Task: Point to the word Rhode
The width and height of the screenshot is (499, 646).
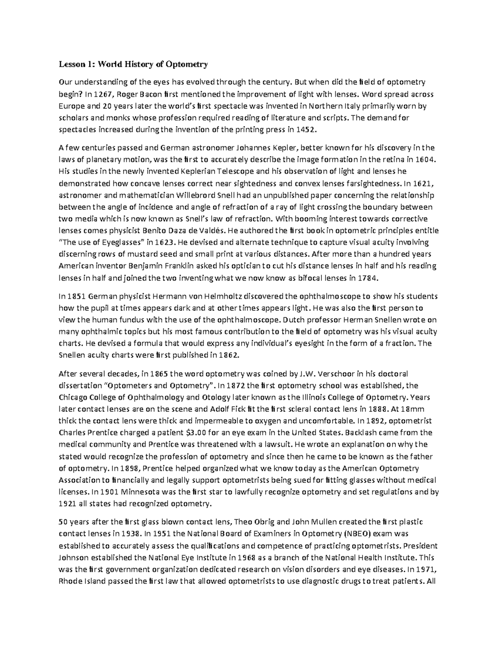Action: pyautogui.click(x=69, y=581)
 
